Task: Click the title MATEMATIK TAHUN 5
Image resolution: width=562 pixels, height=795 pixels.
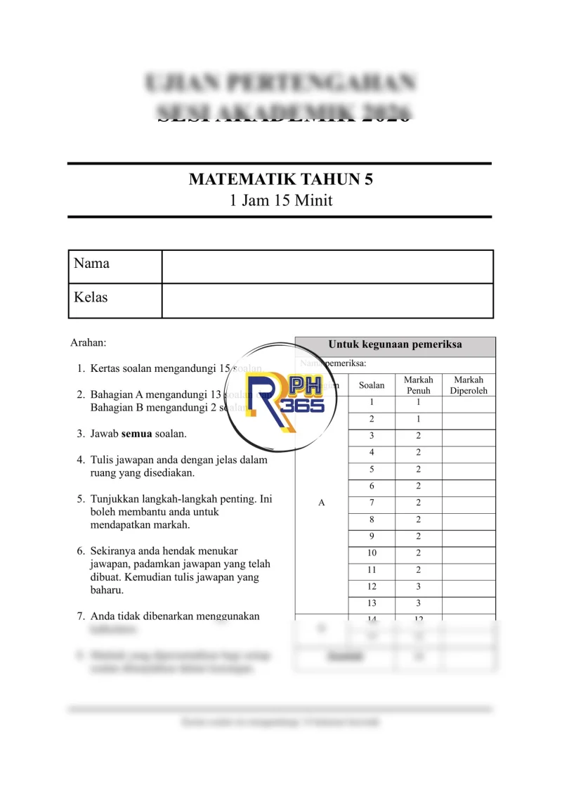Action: (x=280, y=179)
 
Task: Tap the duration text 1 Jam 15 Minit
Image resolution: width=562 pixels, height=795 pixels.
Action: (x=280, y=200)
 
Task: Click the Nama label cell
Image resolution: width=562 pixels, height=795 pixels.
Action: (x=115, y=266)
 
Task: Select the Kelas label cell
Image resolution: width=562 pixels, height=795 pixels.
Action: (x=115, y=299)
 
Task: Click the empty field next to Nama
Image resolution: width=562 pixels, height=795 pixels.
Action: (x=327, y=266)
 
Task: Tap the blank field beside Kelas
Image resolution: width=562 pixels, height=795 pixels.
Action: (x=327, y=300)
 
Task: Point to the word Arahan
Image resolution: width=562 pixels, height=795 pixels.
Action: (x=88, y=343)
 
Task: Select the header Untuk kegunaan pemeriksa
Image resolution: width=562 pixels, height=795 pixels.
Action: (x=395, y=345)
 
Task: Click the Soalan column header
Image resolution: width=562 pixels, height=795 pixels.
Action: (x=372, y=385)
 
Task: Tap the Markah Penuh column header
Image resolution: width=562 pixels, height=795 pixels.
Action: (x=418, y=384)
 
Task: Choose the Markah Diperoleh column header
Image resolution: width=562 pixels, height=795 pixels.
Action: (x=469, y=384)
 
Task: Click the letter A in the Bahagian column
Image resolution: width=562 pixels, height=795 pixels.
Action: (x=322, y=503)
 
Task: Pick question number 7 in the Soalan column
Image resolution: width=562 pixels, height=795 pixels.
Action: (x=372, y=503)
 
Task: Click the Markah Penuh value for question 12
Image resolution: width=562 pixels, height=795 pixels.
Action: (x=418, y=586)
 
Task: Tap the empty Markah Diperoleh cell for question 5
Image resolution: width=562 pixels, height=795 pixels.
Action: (x=469, y=470)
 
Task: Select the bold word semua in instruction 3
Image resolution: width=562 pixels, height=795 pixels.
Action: (x=137, y=434)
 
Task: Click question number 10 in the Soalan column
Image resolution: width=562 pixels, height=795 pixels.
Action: (x=372, y=553)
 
